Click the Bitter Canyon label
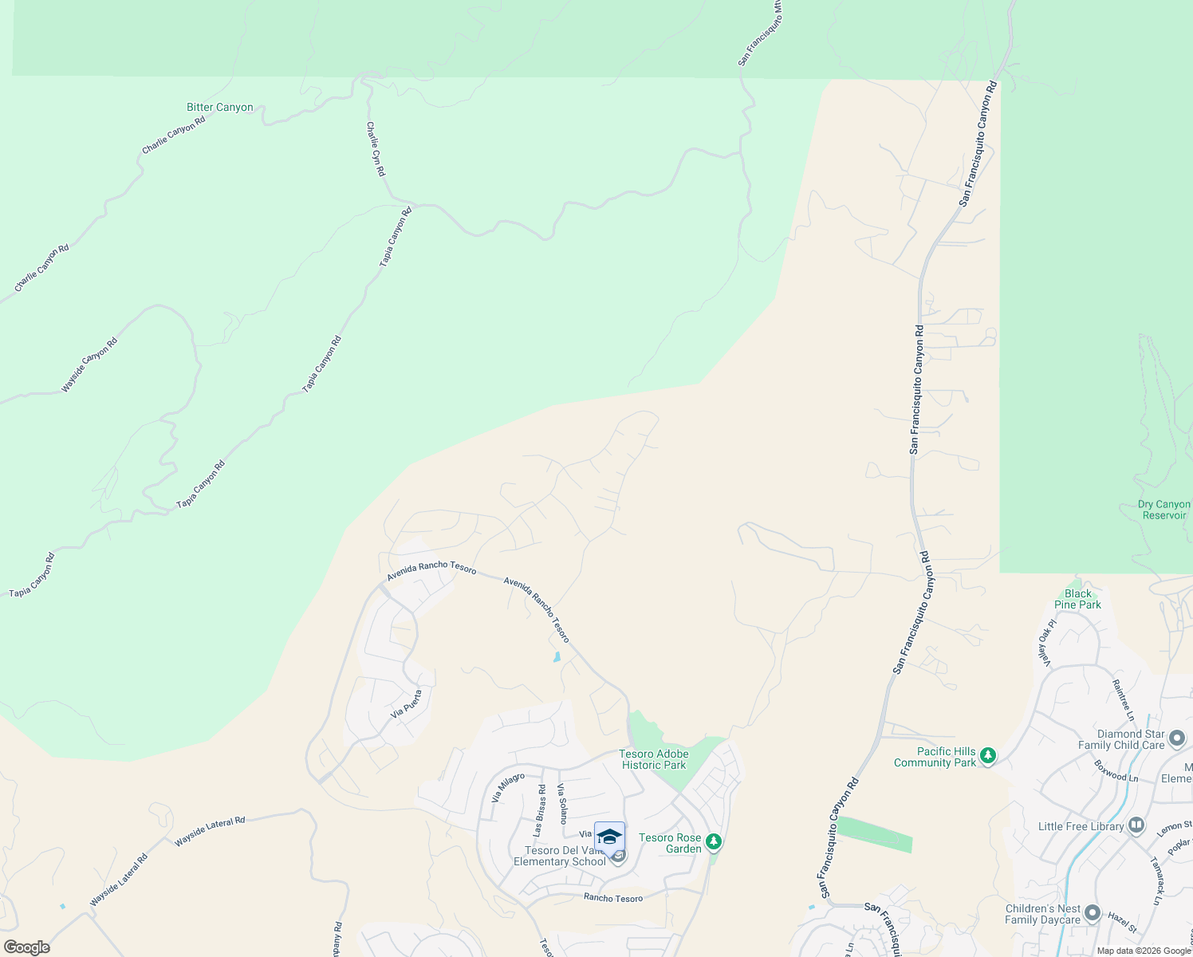coord(219,107)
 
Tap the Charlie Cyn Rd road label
coord(376,149)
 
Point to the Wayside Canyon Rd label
coord(89,365)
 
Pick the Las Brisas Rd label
coord(539,810)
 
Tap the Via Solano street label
coord(562,803)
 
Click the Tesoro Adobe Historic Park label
coord(653,759)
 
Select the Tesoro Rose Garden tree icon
coord(714,841)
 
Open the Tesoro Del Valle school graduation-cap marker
coord(609,837)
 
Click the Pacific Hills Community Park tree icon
coord(988,754)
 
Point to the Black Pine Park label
coord(1077,599)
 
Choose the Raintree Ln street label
coord(1123,695)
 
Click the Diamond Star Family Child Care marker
coord(1177,738)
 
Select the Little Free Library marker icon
coord(1136,825)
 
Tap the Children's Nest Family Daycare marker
coord(1093,913)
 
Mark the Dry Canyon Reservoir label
coord(1164,510)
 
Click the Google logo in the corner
coord(26,947)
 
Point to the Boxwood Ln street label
coord(1116,770)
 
